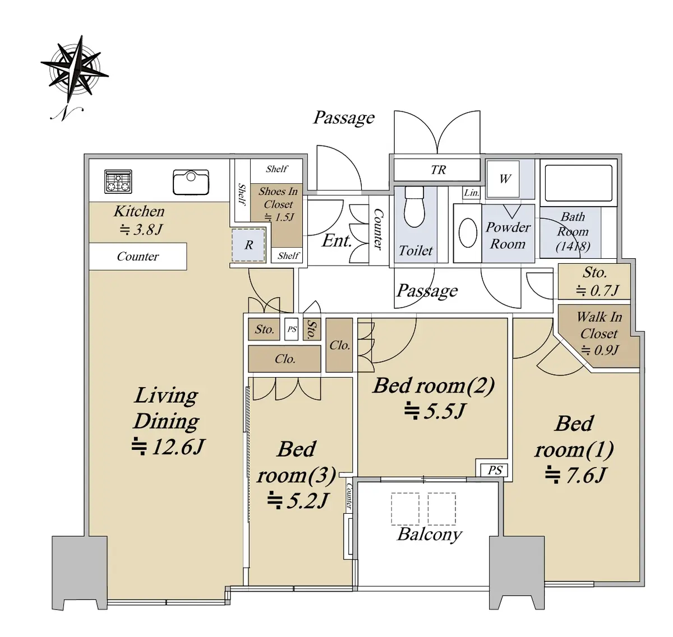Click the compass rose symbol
coord(75,71)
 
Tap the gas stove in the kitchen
coord(118,181)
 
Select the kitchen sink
coord(191,182)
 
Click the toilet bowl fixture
coord(414,206)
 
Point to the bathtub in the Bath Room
coord(578,183)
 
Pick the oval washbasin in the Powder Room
coord(468,233)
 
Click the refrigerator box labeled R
coord(248,245)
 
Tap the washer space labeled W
coord(503,179)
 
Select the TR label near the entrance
coord(438,170)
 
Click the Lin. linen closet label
coord(471,193)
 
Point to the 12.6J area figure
coord(168,447)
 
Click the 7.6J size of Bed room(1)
coord(576,475)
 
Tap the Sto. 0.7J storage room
coord(594,281)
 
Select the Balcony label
coord(429,534)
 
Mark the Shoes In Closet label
coord(278,198)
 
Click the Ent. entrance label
coord(336,241)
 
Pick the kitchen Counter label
coord(137,256)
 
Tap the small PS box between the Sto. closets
coord(291,329)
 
